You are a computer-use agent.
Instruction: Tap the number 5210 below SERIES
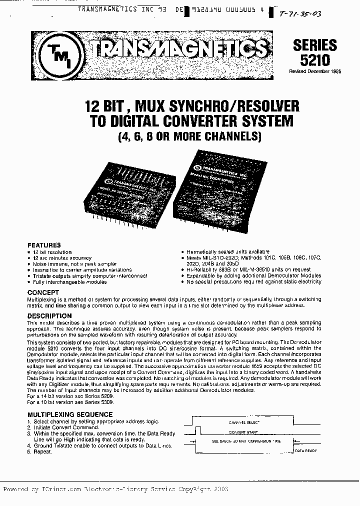315,60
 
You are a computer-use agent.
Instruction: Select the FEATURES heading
44,245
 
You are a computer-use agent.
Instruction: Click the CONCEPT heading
43,292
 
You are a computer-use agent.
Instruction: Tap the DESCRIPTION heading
49,316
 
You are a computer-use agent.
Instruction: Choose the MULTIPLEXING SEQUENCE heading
70,414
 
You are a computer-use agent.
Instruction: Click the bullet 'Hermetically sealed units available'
220,252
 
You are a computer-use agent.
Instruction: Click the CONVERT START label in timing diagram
243,432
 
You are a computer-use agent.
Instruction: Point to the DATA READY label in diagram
305,450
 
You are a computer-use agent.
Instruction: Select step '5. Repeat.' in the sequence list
43,451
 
